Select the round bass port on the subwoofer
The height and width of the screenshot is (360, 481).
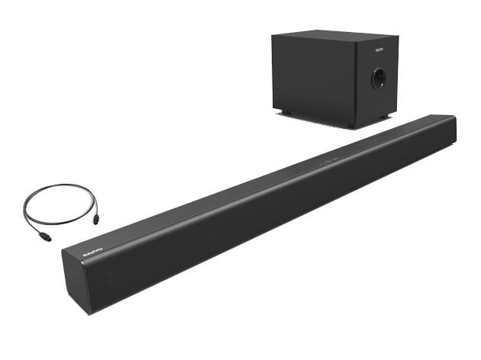click(x=378, y=78)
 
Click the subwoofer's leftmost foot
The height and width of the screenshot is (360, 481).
click(x=284, y=114)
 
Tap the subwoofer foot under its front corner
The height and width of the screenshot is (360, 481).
click(x=350, y=124)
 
